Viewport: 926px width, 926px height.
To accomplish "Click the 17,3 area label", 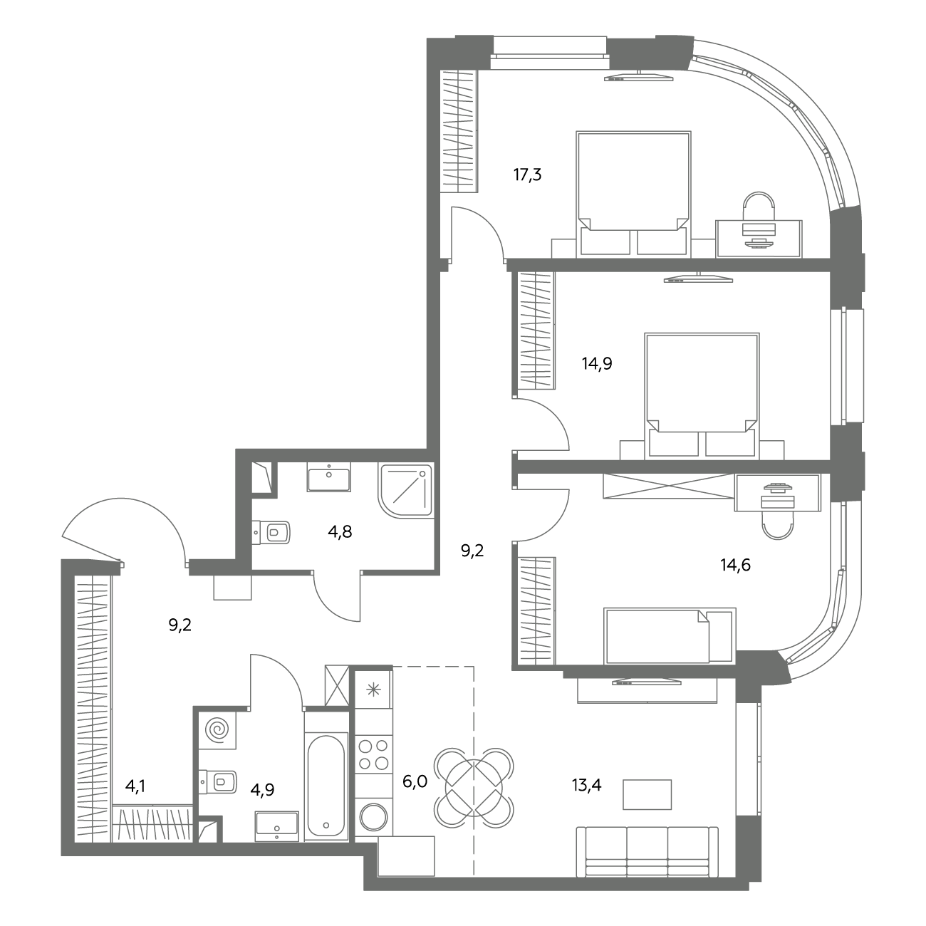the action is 527,175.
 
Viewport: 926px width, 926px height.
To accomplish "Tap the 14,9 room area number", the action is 597,364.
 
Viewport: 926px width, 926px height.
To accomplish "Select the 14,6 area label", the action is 735,565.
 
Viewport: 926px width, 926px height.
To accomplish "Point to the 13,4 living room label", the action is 587,785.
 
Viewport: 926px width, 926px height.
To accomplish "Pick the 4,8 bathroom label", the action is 340,532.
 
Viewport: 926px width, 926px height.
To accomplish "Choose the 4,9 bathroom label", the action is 262,789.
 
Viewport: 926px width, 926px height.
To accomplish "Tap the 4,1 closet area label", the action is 135,786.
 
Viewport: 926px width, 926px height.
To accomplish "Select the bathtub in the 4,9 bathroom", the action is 326,786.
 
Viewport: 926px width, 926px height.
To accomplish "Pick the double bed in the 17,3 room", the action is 634,193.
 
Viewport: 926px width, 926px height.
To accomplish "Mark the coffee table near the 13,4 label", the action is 647,794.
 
